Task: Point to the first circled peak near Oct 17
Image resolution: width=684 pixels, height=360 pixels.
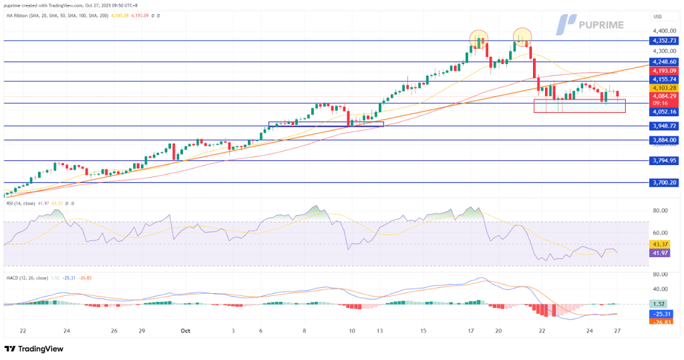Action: click(478, 39)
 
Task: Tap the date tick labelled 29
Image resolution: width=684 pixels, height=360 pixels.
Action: click(142, 331)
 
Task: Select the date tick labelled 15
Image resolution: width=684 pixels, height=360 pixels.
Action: click(423, 331)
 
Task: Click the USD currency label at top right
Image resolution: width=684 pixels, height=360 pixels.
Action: click(657, 15)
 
